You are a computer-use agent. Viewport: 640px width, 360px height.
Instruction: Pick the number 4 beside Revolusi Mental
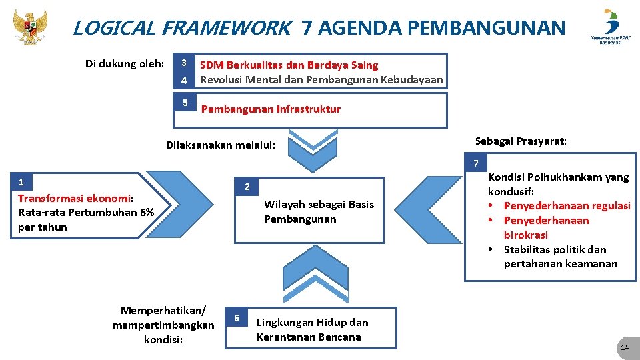point(183,81)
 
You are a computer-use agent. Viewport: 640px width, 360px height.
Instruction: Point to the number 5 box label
point(185,103)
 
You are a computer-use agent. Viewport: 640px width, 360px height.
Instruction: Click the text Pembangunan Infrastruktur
point(271,109)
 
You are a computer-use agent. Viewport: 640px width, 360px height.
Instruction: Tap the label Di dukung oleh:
point(125,64)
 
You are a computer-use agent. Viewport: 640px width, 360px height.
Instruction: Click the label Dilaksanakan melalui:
point(221,145)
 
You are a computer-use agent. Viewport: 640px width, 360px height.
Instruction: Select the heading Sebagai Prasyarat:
point(521,141)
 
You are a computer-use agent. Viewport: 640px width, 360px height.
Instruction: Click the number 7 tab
point(475,163)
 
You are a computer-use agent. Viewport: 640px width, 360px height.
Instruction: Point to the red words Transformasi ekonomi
point(75,198)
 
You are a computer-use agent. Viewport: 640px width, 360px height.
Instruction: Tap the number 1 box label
point(21,182)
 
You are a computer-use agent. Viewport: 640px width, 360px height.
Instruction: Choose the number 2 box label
point(247,187)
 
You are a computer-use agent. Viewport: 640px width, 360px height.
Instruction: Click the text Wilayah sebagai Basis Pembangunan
point(319,211)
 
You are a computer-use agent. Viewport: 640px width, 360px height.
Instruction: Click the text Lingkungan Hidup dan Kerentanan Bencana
point(312,329)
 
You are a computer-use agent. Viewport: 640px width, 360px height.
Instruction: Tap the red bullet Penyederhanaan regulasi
point(567,205)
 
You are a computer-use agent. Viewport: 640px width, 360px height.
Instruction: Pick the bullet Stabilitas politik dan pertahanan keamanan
point(560,257)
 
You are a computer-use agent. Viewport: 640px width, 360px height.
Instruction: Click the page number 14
point(624,349)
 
